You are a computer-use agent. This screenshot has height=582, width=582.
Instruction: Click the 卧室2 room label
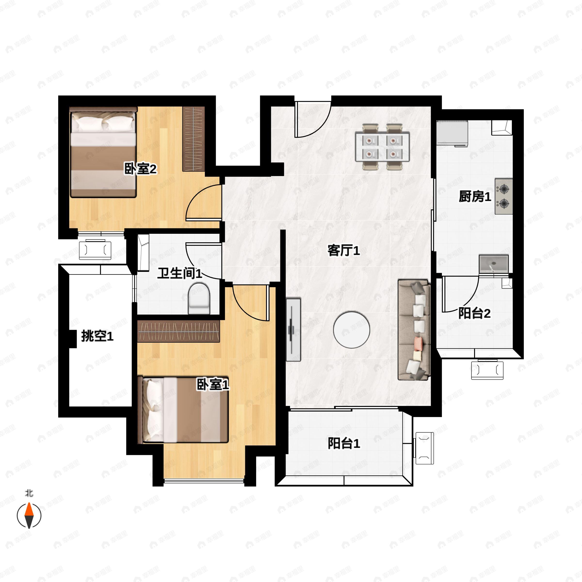click(x=140, y=169)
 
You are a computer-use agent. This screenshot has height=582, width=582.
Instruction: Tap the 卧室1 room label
click(x=213, y=384)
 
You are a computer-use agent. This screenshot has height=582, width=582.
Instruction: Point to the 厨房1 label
click(x=475, y=197)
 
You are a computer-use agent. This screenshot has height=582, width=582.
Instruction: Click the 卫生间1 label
click(x=179, y=273)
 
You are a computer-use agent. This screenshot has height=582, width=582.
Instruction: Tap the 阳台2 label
click(x=474, y=314)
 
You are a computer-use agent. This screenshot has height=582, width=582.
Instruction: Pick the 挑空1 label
click(x=97, y=336)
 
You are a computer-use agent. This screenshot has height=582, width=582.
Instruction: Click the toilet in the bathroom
click(x=199, y=298)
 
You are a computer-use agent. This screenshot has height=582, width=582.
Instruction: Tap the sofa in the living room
click(x=414, y=330)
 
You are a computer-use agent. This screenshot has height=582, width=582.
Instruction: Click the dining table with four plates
click(x=382, y=147)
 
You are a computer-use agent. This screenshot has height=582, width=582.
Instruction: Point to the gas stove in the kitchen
click(x=504, y=196)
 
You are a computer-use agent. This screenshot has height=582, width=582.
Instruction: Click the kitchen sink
click(x=494, y=264)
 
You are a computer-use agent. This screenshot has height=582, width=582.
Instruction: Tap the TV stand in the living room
click(x=293, y=330)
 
